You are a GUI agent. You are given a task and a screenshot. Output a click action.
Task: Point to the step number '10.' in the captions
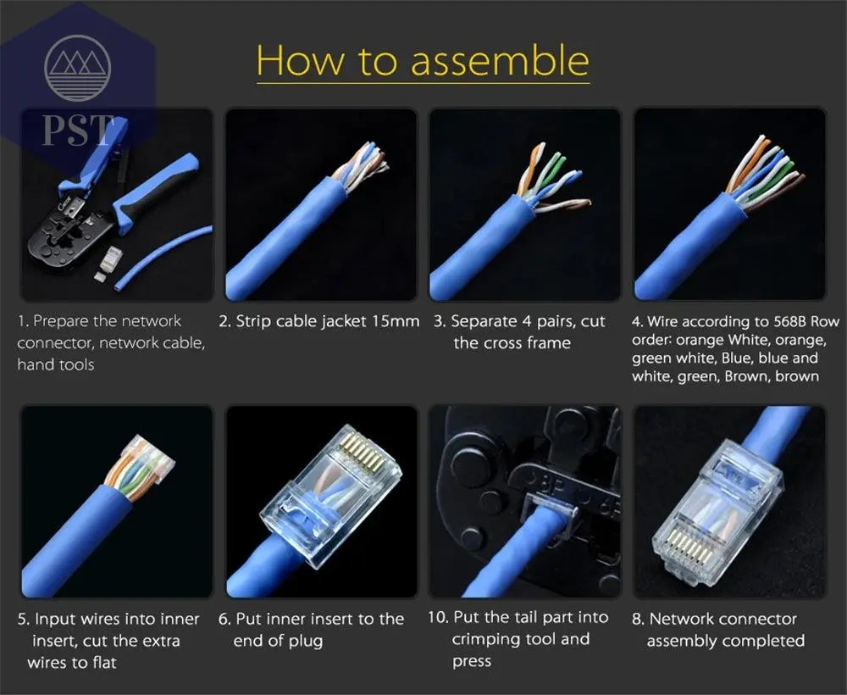pyautogui.click(x=438, y=618)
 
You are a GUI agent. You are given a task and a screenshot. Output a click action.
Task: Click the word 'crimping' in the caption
pyautogui.click(x=488, y=639)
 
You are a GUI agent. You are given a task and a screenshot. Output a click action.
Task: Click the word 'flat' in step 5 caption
pyautogui.click(x=101, y=662)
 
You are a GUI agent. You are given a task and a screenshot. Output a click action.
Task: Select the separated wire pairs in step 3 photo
pyautogui.click(x=551, y=178)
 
